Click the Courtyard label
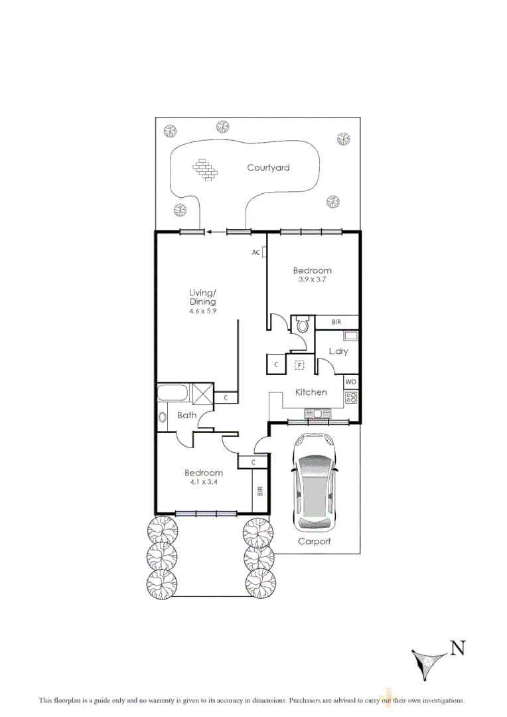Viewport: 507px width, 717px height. pos(268,168)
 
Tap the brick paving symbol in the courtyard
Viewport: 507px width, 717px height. pos(206,169)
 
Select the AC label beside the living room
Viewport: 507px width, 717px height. pos(255,252)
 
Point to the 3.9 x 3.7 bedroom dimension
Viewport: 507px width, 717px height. pos(312,280)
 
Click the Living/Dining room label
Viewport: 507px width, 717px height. pos(202,297)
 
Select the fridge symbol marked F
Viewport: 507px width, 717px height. pos(300,364)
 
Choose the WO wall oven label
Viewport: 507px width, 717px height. pos(350,383)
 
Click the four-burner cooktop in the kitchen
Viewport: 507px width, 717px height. pos(350,398)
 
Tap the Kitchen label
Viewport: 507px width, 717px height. pos(311,392)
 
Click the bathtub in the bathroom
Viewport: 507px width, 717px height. pos(173,392)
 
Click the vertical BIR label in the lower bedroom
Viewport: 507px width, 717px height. pos(260,491)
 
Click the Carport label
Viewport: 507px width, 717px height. pos(315,541)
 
